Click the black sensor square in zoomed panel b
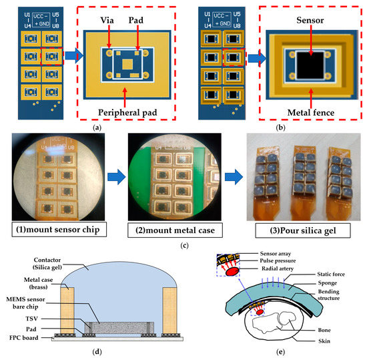(x=304, y=64)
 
